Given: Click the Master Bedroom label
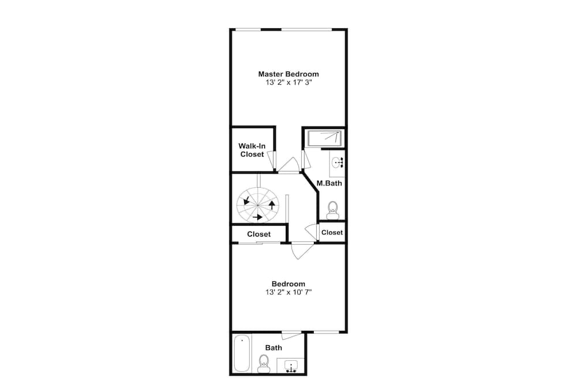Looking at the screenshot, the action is [x=288, y=74].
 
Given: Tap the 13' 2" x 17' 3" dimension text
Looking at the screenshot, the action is [x=288, y=83].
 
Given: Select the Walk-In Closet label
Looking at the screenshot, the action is [x=252, y=150].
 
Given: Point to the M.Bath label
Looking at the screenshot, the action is [x=329, y=183].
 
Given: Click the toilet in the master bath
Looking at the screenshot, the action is [x=333, y=210].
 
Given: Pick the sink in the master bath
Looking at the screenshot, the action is [x=338, y=163].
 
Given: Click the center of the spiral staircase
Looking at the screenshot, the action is [x=257, y=205].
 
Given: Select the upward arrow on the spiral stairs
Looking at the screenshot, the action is [x=272, y=205].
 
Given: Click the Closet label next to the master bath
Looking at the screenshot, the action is [x=332, y=232].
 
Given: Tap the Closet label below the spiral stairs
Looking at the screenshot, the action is [x=258, y=234].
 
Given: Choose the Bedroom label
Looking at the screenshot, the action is [x=288, y=284].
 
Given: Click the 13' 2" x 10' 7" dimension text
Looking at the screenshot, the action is [x=288, y=292].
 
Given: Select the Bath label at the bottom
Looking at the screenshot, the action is [x=273, y=347].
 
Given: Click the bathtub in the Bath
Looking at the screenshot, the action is [x=242, y=353].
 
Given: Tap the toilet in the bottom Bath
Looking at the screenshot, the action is [x=264, y=364].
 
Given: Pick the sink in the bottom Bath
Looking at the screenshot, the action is [x=291, y=366].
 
